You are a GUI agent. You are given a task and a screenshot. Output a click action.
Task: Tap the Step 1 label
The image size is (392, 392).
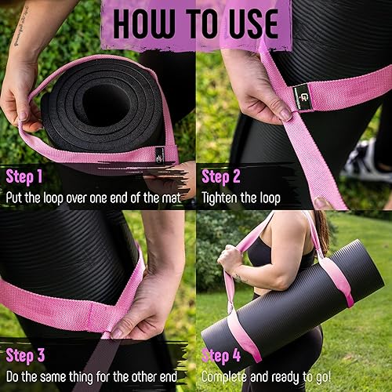pyautogui.click(x=26, y=176)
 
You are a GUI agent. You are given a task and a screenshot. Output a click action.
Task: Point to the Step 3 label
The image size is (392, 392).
pyautogui.click(x=26, y=357)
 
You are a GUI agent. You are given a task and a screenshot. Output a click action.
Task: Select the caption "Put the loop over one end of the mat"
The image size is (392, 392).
pyautogui.click(x=93, y=198)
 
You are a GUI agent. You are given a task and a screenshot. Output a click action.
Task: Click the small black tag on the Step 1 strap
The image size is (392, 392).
pyautogui.click(x=159, y=154)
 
